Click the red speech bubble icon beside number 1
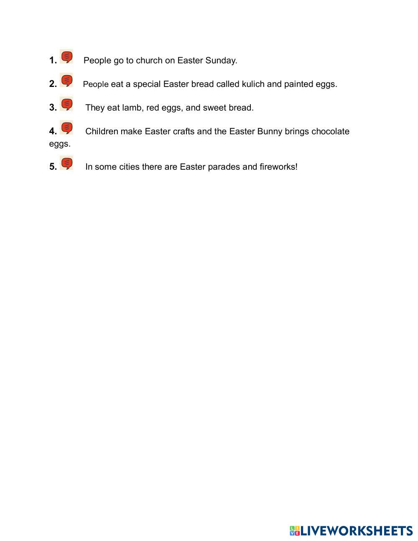pos(66,56)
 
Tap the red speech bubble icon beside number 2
pos(66,80)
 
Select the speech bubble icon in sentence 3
pos(66,104)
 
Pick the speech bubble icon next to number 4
pos(66,128)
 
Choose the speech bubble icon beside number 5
pos(66,163)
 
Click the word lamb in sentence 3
pos(132,108)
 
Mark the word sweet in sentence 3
pos(214,108)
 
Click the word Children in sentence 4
pos(102,131)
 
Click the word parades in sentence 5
pos(224,167)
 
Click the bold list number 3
pos(53,108)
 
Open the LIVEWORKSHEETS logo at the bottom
pos(351,531)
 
